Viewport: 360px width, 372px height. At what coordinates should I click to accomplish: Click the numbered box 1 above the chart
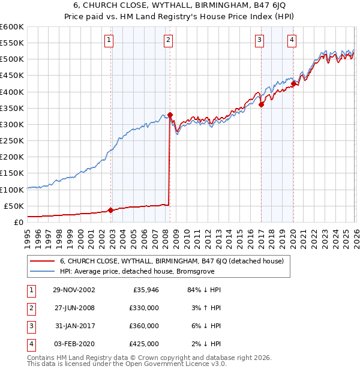pos(109,40)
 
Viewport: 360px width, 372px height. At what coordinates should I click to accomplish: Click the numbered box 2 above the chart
pos(168,40)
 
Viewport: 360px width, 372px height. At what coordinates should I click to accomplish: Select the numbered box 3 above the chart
pos(259,40)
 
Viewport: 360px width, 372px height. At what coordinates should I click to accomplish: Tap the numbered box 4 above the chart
pos(292,40)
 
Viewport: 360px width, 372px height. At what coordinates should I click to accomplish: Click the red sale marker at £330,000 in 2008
pos(170,115)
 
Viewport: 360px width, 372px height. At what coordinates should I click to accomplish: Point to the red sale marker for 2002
pos(111,210)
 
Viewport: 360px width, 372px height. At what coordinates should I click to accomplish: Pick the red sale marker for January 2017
pos(262,104)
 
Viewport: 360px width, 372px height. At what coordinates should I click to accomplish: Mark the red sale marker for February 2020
pos(293,83)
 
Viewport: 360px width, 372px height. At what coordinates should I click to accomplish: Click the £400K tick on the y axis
pos(12,92)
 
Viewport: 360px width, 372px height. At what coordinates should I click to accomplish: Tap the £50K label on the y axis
pos(14,206)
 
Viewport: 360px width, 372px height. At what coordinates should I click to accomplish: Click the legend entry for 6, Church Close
pos(175,261)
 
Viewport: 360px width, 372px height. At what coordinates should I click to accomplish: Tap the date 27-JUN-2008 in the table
pos(74,308)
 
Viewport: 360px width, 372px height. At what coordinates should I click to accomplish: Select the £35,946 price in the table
pos(146,290)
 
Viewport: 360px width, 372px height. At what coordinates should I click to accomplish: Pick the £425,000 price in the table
pos(144,344)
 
